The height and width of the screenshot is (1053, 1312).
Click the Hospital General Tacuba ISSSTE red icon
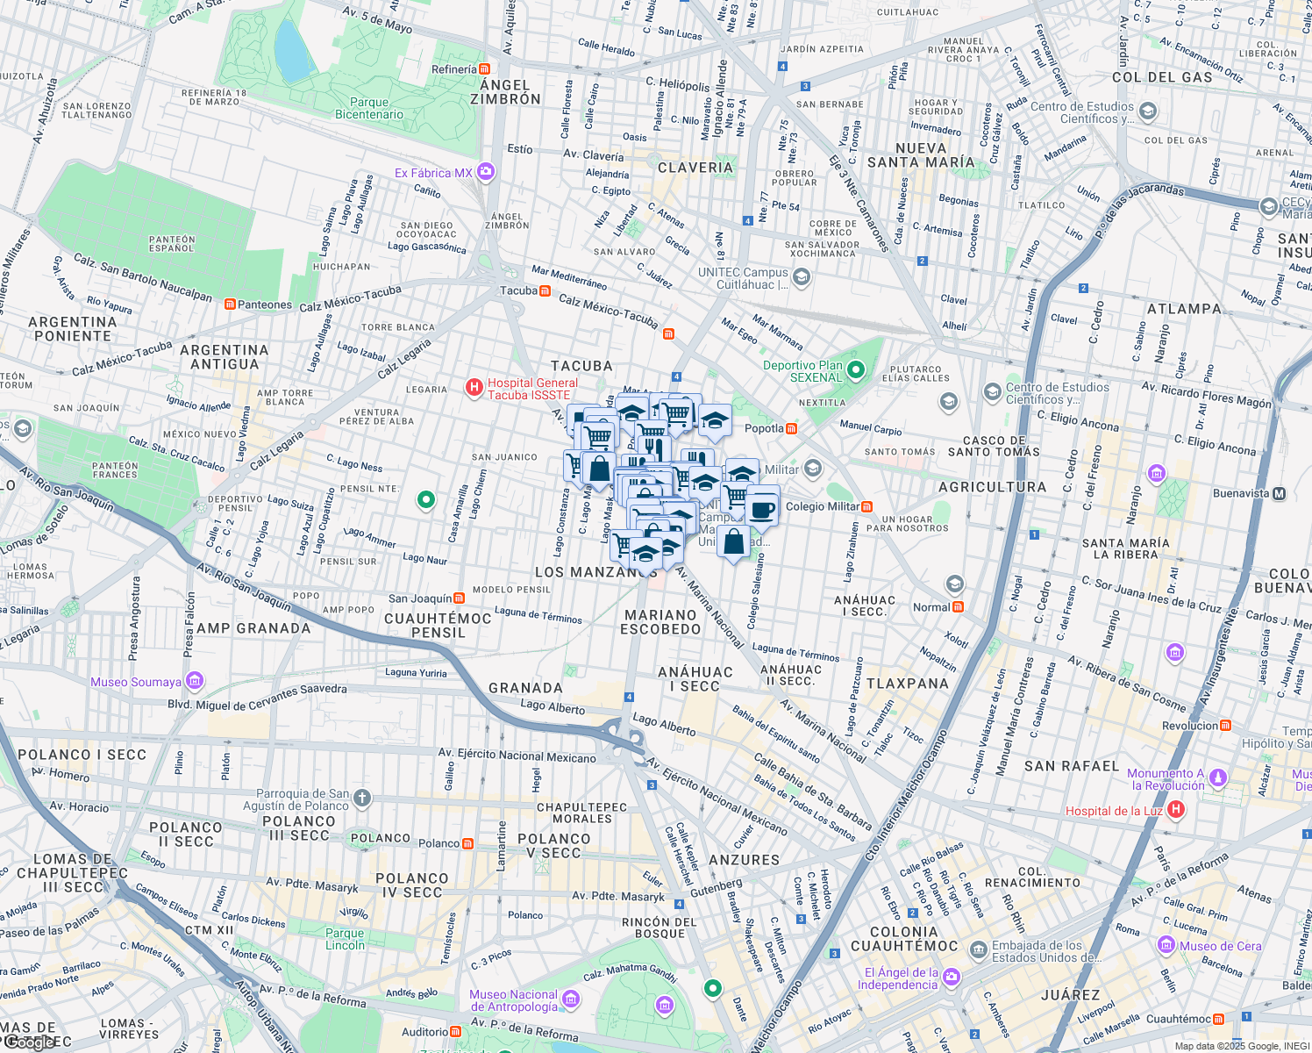pos(474,387)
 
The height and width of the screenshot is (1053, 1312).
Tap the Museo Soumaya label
pos(136,682)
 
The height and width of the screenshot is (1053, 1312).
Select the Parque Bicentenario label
pos(369,108)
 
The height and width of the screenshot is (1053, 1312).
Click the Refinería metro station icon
pos(484,69)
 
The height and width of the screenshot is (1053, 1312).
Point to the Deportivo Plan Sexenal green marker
pos(856,370)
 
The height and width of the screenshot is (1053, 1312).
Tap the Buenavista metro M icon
pos(1279,494)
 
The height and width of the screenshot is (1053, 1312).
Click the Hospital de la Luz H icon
pos(1176,810)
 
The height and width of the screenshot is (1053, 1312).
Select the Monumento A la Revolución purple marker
pos(1217,777)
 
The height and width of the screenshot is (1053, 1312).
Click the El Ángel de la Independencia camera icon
pos(952,977)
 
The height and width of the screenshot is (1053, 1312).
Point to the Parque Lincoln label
pos(345,939)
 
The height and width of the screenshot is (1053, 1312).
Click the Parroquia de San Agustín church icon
pos(362,799)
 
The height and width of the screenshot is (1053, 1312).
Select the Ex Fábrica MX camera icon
pos(486,173)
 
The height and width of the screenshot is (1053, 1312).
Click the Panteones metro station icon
pos(230,304)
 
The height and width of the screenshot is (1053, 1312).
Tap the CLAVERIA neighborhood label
pos(695,167)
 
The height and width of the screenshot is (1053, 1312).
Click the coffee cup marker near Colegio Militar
pos(762,508)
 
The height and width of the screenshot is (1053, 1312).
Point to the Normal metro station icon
pos(958,607)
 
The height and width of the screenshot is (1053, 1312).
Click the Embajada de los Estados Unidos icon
pos(978,950)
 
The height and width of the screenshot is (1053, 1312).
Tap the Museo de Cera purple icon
pos(1166,945)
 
